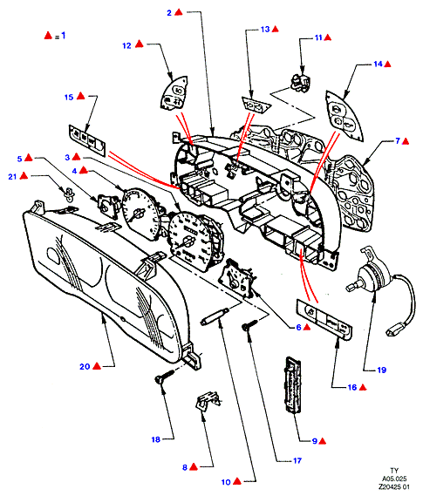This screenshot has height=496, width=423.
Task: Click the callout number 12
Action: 126,46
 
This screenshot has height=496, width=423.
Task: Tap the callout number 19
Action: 381,370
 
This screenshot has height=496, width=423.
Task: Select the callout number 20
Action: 85,367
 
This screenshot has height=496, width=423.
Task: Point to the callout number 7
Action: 398,141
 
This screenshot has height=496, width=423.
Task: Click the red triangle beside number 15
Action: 81,96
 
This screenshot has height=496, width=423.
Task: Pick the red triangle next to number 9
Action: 323,441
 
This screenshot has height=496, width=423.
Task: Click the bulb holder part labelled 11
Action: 301,84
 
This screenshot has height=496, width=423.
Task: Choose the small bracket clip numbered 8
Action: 208,400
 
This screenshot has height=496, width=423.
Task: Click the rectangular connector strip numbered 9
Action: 293,384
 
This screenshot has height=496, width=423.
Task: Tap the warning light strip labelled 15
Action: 87,140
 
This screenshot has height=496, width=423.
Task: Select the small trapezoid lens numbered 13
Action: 256,105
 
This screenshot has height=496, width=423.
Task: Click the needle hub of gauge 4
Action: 138,214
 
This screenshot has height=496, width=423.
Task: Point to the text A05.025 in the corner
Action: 394,479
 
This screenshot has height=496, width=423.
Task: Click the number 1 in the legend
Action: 64,35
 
